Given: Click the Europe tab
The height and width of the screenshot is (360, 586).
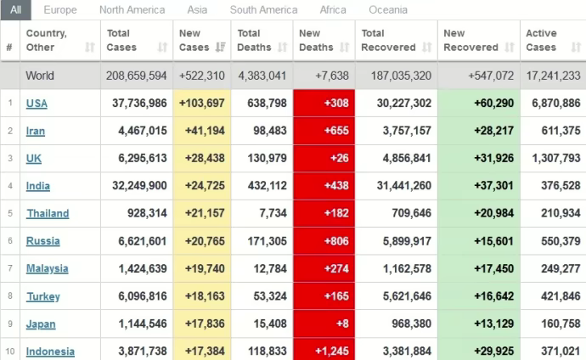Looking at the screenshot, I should pos(60,10).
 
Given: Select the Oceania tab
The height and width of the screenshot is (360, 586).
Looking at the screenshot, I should pos(388,10).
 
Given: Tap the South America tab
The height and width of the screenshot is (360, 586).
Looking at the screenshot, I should pos(263,10).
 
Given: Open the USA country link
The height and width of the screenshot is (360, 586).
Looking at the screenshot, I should pos(37,104).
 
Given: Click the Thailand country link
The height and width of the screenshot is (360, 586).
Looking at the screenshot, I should pos(48,213).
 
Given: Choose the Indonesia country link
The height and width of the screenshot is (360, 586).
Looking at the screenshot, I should pos(50,352).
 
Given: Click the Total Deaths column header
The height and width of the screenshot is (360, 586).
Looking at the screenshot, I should pos(256,40).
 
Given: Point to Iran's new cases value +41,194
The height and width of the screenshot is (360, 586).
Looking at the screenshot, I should pos(201,131).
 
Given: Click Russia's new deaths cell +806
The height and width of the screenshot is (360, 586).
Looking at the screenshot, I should pos(324,241).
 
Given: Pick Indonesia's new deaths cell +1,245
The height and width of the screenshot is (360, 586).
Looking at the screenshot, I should pos(324,352).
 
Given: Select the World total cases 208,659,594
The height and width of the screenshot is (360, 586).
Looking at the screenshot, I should pos(136,76).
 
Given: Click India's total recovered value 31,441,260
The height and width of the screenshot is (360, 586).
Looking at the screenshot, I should pos(397,186).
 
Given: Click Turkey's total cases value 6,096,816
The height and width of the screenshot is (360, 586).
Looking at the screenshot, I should pos(138,296).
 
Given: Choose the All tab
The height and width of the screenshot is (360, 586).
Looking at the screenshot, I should pos(16,10).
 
